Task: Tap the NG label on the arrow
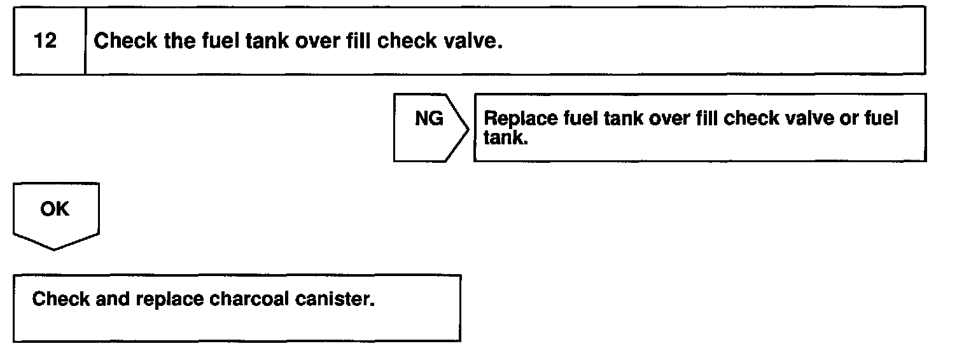429,119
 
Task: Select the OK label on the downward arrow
54,209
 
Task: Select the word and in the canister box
113,299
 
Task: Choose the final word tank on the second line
505,138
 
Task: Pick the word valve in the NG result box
809,118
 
